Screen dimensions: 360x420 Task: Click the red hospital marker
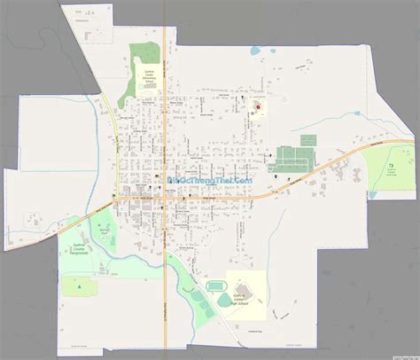(258, 108)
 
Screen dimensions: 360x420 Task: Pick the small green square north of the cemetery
(307, 140)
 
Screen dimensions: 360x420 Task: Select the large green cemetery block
(293, 160)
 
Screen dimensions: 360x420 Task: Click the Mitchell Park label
(105, 231)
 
